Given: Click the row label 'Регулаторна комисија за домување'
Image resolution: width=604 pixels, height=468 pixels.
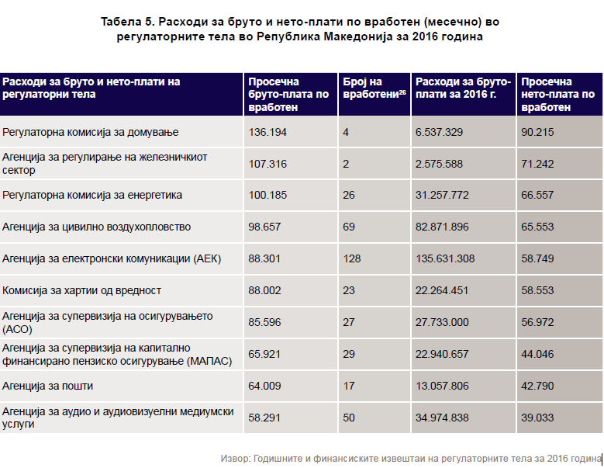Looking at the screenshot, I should click(90, 132).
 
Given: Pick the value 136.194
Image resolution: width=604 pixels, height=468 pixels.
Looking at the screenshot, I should click(267, 132).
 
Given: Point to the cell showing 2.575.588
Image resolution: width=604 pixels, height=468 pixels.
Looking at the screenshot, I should click(439, 164).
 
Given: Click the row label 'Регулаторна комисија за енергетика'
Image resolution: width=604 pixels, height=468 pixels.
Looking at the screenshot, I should click(92, 195).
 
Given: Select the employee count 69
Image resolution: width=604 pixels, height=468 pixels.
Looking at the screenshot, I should click(348, 227).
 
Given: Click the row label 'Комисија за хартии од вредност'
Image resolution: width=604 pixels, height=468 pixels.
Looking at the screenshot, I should click(81, 290).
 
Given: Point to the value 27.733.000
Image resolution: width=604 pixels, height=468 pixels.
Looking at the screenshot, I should click(442, 322).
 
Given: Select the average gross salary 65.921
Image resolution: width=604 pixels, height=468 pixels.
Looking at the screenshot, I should click(264, 354).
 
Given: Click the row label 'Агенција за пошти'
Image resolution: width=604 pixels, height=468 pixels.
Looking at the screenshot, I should click(48, 386).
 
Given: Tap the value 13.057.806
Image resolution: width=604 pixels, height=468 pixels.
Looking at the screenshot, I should click(442, 386).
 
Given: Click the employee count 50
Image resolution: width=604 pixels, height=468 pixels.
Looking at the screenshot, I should click(348, 418).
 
